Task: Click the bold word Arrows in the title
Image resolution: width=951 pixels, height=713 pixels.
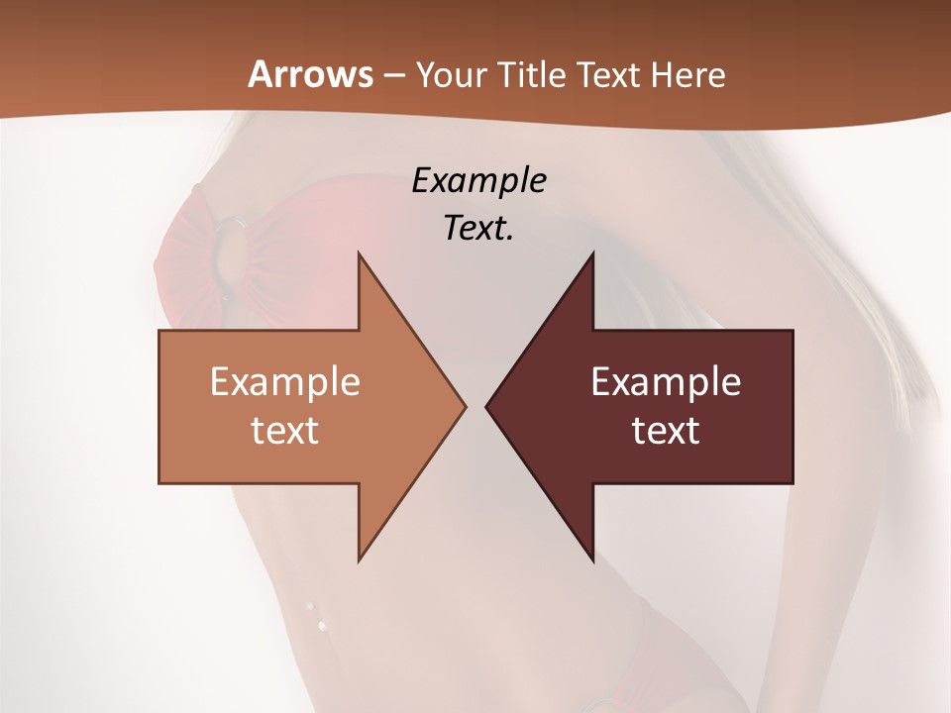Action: tap(310, 74)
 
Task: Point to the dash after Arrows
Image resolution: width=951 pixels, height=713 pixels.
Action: tap(393, 76)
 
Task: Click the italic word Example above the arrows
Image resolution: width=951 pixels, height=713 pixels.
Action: tap(479, 180)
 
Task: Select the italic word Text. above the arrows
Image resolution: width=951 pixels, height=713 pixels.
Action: tap(478, 228)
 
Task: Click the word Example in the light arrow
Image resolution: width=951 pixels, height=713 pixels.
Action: tap(285, 382)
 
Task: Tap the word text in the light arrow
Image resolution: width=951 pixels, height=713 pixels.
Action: tap(285, 430)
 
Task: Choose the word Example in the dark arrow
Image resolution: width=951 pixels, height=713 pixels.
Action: tap(666, 382)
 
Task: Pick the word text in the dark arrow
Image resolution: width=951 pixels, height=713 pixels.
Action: tap(666, 430)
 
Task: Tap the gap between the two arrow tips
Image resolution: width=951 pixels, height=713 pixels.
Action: tap(475, 406)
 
